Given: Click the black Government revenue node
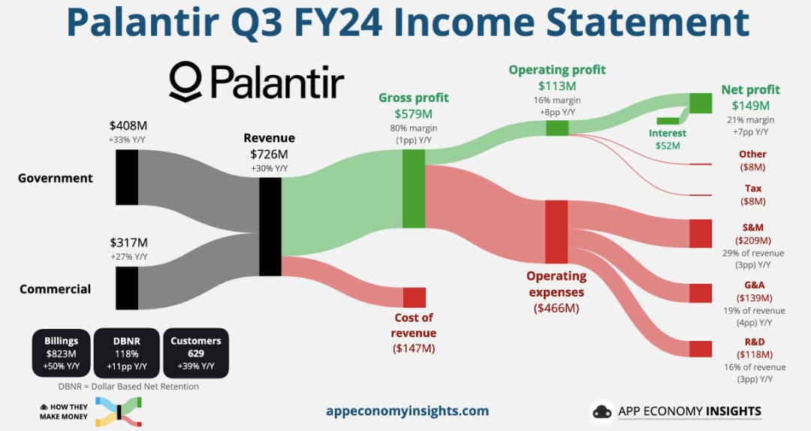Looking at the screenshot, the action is coord(127,177).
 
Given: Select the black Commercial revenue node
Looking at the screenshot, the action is coord(127,288).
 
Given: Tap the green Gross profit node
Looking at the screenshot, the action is coord(414,189).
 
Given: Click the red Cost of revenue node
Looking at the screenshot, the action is coord(415,297).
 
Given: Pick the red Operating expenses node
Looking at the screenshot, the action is coord(556,232).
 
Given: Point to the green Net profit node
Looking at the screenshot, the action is coord(701,104).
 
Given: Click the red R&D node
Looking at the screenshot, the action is coord(701,348).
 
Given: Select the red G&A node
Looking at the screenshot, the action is coord(701,293).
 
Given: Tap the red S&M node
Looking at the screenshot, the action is coord(701,234).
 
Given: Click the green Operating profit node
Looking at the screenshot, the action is coord(557,128).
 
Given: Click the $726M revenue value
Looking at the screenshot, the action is coord(269,154).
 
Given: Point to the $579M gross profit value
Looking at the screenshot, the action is coord(413,114).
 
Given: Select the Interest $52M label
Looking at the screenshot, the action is coord(668,139).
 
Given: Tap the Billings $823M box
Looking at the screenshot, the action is coord(61,353).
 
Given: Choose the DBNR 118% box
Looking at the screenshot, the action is coord(127,353).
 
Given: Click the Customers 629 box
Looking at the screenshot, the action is coord(195,353).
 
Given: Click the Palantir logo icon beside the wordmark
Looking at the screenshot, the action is coord(185,81).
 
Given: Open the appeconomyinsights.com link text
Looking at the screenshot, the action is coord(407,411).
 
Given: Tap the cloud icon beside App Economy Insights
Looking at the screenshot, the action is coord(602,412).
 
